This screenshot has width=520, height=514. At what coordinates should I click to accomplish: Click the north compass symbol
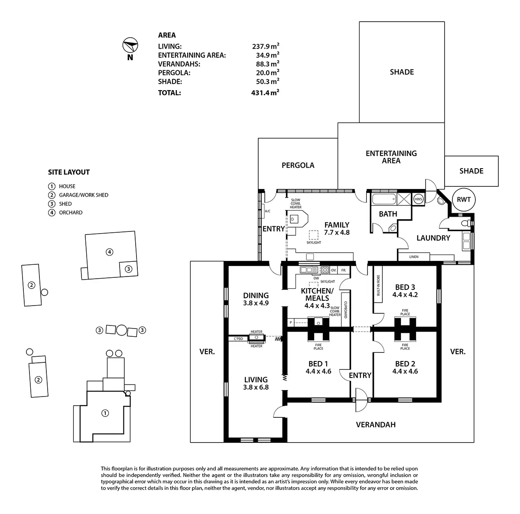click(x=130, y=45)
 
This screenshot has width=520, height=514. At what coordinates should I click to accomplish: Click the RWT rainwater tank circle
click(x=464, y=199)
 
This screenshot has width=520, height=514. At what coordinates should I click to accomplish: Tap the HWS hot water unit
click(x=418, y=199)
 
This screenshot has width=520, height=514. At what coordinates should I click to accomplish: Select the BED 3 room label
click(x=405, y=287)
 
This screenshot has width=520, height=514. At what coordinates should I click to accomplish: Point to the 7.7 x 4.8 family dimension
click(x=337, y=232)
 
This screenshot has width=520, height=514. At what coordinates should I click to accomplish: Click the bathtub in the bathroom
click(x=384, y=199)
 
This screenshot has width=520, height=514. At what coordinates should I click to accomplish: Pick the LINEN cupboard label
click(x=414, y=257)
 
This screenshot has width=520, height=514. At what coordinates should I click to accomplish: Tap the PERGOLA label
click(x=298, y=165)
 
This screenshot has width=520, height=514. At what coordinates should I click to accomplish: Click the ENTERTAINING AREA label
click(x=391, y=157)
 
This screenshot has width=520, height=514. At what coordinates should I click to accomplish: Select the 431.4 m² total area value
click(x=265, y=93)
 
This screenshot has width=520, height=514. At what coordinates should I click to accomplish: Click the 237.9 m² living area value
click(x=266, y=46)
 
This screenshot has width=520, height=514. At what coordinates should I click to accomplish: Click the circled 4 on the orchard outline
click(x=109, y=252)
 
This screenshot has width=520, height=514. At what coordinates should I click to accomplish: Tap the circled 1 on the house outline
click(x=105, y=413)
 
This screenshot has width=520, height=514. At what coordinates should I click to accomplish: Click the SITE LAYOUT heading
click(x=69, y=172)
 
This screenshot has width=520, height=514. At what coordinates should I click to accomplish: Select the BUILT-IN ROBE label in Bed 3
click(x=378, y=285)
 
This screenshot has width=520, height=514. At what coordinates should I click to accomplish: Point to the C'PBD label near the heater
click(x=238, y=338)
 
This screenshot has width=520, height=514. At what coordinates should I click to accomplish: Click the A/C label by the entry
click(x=267, y=211)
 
